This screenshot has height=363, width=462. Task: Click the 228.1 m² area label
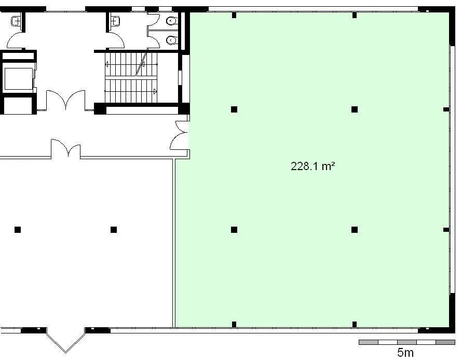(312, 166)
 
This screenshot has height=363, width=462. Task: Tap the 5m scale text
(405, 353)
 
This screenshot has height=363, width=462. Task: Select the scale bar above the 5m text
(407, 342)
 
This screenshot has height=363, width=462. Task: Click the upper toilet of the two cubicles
(171, 21)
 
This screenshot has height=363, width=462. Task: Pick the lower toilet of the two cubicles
(171, 40)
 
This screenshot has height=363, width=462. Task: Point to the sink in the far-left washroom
(16, 21)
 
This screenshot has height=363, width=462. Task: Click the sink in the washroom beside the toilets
(115, 21)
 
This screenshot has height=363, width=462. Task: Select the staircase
(131, 77)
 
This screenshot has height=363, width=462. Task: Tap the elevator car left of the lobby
(19, 79)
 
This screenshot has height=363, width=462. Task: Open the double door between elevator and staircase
(66, 101)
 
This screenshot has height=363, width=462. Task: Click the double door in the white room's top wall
(66, 149)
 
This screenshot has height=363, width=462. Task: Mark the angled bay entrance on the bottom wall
(65, 340)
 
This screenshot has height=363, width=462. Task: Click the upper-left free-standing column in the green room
(234, 109)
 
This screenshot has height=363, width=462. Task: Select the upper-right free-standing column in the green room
(355, 109)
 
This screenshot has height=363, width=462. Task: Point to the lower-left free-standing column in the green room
(234, 230)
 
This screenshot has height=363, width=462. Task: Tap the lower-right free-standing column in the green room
(355, 230)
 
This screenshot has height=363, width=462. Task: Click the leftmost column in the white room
(18, 230)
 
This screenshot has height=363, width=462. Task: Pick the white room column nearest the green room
(114, 230)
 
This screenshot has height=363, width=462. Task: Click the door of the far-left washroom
(16, 40)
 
